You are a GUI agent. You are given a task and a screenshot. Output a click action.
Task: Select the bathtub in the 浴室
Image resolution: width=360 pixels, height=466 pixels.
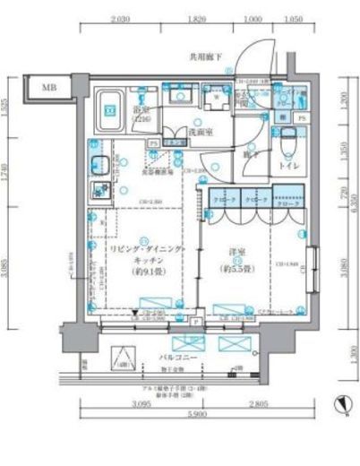(x=112, y=106)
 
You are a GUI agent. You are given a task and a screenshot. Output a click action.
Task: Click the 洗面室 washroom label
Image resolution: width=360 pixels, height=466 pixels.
(x=199, y=132)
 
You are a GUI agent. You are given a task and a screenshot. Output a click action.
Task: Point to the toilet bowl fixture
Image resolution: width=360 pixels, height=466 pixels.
(x=287, y=143)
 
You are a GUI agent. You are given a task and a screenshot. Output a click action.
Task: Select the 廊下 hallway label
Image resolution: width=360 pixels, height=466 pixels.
(x=258, y=153)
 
